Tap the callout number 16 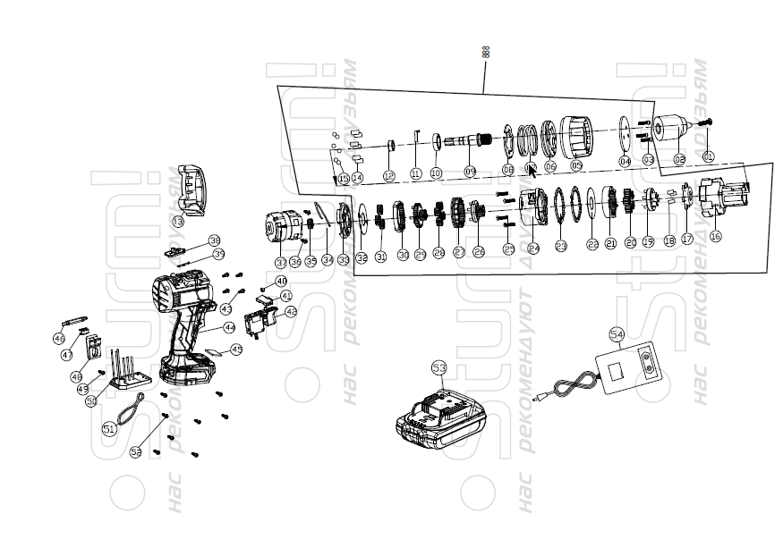point(716,236)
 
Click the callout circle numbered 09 point(470,171)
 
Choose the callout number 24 point(534,248)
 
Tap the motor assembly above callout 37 point(289,225)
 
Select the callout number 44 point(229,327)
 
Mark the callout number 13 point(179,221)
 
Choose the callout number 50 point(91,402)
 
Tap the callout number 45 point(236,350)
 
